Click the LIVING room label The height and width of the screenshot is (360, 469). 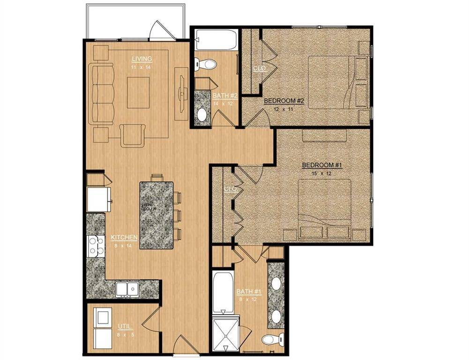[141, 59]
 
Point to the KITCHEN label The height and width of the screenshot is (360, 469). [124, 237]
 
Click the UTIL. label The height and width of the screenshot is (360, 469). [125, 326]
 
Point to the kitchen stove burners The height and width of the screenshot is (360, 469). [97, 246]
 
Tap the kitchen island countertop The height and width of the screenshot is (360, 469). [157, 216]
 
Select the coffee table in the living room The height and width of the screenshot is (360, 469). [138, 92]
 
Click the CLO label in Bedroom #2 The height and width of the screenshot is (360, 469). [259, 68]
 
